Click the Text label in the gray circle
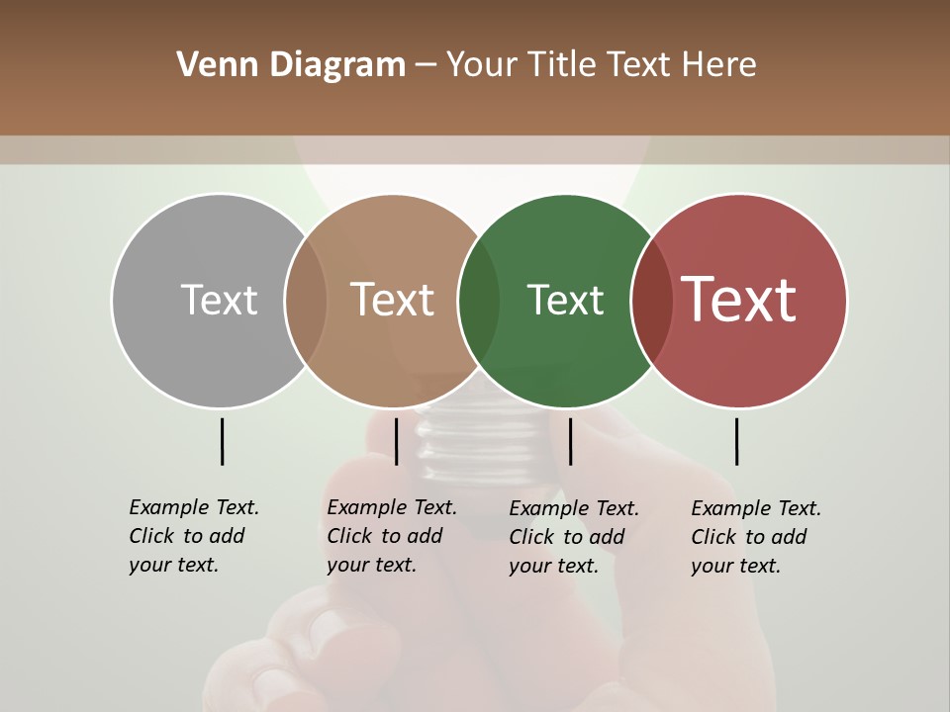pos(219,300)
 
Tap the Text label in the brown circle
pos(393,300)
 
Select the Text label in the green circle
pos(565,300)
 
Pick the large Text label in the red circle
pos(739,300)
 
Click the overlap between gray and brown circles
pos(306,301)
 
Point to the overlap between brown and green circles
pos(479,301)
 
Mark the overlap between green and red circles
pos(652,301)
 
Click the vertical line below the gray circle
pos(222,441)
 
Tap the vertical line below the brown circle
pos(396,441)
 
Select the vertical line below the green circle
pos(570,441)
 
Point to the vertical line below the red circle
pos(736,441)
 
